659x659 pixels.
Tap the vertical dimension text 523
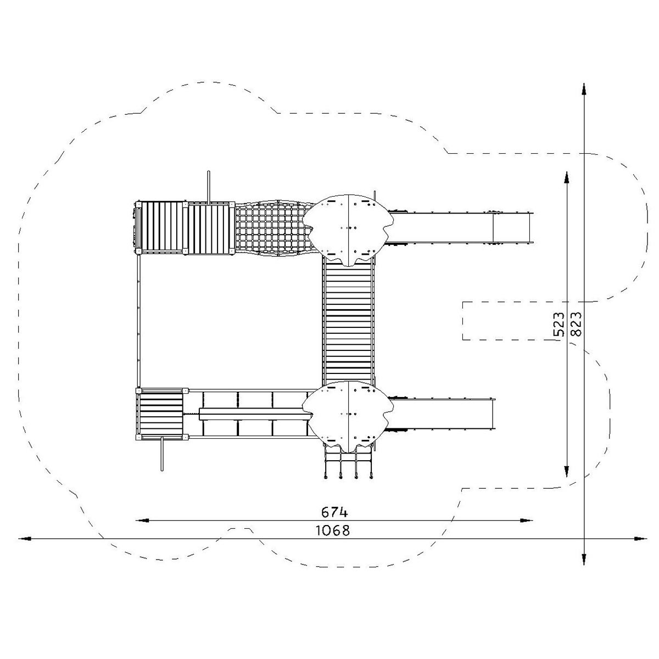[559, 324]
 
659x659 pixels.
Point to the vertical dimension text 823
[576, 324]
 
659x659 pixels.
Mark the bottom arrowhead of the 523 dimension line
[567, 472]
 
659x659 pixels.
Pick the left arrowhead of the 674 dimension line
[141, 521]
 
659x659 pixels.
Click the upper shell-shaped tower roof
[348, 230]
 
